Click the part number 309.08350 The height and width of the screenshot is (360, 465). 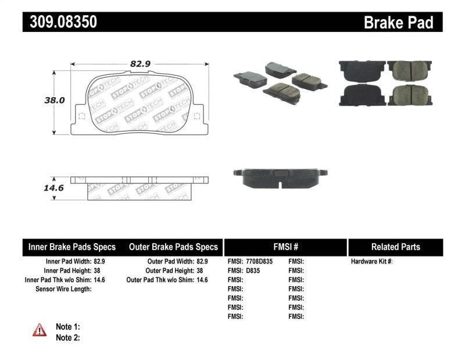pyautogui.click(x=59, y=22)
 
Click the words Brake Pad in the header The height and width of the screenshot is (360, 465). pyautogui.click(x=398, y=22)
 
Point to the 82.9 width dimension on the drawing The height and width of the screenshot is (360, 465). pyautogui.click(x=137, y=65)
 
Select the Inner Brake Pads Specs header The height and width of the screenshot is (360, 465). pyautogui.click(x=72, y=247)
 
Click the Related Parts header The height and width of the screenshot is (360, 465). pyautogui.click(x=395, y=247)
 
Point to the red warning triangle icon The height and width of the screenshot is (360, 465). pyautogui.click(x=40, y=330)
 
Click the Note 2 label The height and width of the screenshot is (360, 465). pyautogui.click(x=67, y=337)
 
